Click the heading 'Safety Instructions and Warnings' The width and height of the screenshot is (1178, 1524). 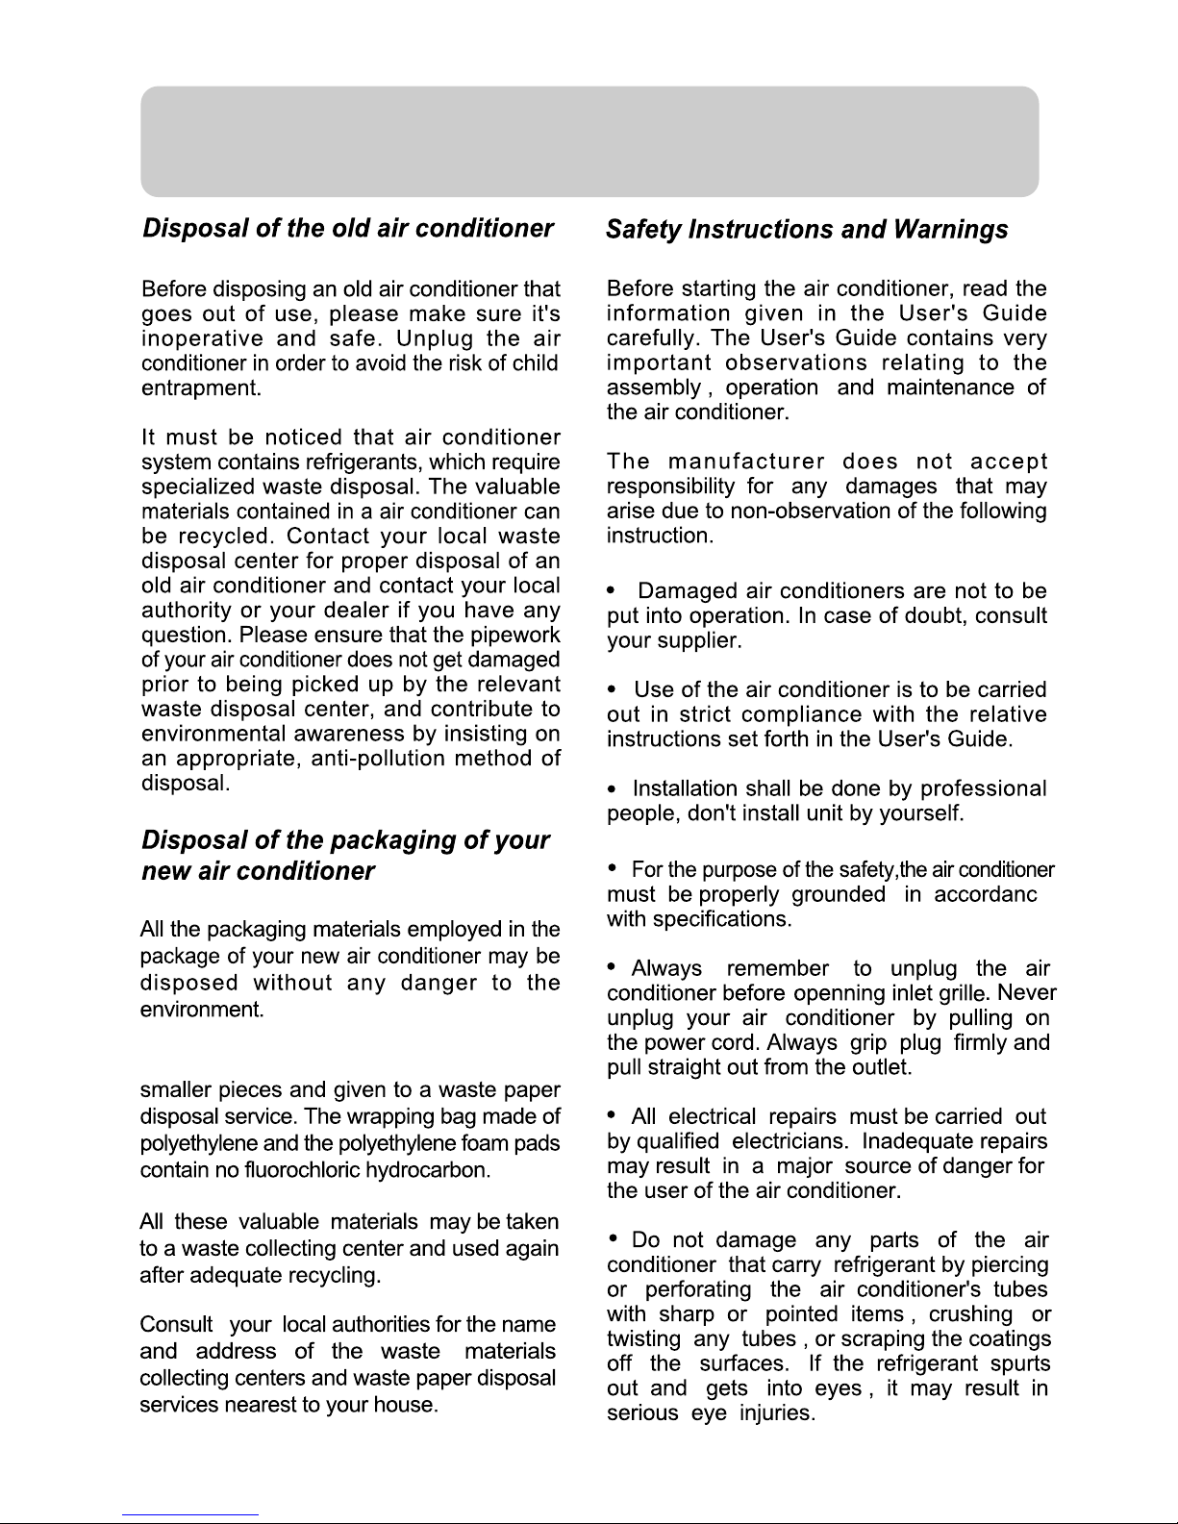click(807, 230)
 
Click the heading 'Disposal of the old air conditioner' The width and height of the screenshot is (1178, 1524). click(347, 229)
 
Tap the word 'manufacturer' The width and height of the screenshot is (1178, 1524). click(745, 462)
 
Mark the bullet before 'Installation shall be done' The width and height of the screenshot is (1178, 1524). click(613, 789)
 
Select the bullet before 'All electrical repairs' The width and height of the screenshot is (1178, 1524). click(613, 1115)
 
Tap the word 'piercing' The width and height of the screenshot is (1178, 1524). click(1008, 1265)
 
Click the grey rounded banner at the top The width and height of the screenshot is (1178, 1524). click(589, 141)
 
